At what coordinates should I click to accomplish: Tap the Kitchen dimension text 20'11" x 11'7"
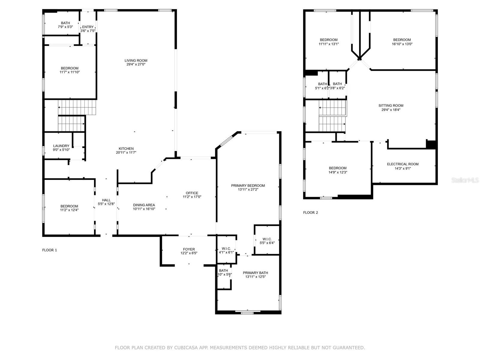126,152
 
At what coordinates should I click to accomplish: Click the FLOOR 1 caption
49,250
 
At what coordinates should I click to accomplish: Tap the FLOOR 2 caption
310,212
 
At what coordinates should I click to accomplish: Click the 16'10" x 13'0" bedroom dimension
402,44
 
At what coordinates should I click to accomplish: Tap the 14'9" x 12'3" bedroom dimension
338,172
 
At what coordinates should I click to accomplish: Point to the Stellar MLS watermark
465,180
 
